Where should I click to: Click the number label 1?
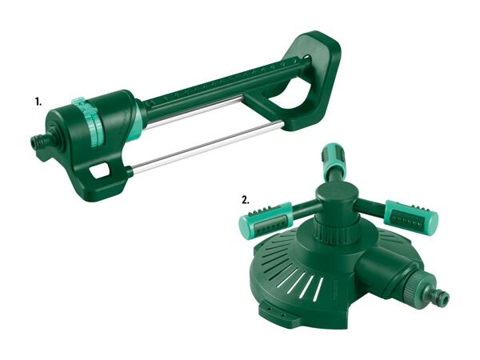(x=38, y=102)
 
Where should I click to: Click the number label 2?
(x=246, y=201)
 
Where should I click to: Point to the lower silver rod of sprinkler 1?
(x=207, y=147)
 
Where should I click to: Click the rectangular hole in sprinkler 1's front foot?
(x=99, y=170)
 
